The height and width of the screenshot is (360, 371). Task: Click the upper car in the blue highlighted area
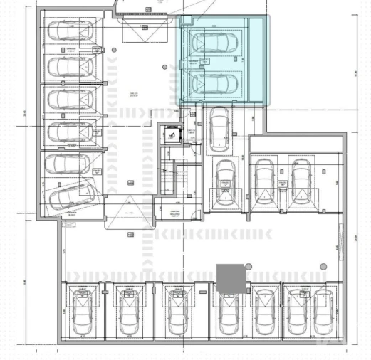(214, 42)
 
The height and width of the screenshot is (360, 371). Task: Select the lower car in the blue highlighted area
(214, 85)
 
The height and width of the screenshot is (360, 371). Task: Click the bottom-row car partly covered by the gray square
(228, 314)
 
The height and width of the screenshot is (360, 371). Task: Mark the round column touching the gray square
(249, 265)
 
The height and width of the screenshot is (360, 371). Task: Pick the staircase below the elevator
(174, 179)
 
